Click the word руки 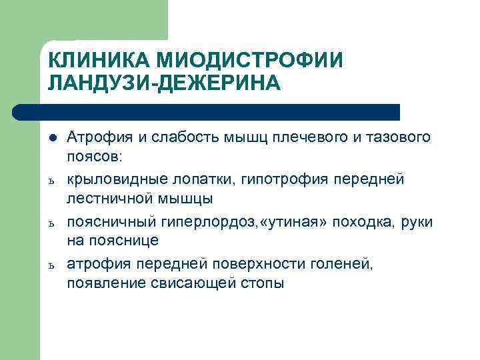[x=419, y=221]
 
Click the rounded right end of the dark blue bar [x=395, y=112]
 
